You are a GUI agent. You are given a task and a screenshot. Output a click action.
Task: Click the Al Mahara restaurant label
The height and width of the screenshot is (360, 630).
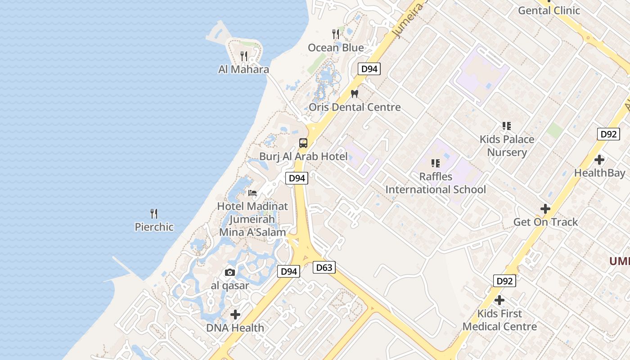pos(243,69)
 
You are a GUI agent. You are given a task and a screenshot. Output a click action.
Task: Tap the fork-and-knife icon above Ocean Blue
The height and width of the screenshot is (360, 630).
pos(336,34)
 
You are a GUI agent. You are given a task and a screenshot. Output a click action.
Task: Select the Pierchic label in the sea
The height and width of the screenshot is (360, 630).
pos(154,227)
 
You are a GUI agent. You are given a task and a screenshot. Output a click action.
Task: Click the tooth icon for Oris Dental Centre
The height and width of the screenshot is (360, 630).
pos(355,94)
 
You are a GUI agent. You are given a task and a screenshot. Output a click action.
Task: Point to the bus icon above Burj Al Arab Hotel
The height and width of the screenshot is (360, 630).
pos(303,143)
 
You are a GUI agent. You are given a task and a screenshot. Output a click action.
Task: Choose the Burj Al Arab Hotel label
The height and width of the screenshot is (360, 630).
pos(303,157)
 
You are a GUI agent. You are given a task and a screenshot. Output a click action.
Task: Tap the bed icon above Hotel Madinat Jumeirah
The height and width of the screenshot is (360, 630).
pos(252,193)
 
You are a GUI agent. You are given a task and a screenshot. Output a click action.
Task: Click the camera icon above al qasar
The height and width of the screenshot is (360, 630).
pos(230,272)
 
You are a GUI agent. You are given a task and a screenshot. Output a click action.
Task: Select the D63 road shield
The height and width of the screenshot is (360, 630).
pos(324,268)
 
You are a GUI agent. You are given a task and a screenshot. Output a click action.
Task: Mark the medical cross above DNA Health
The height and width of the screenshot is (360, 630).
pos(235,315)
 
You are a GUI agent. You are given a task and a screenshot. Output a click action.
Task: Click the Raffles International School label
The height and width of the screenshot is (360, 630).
pos(436,183)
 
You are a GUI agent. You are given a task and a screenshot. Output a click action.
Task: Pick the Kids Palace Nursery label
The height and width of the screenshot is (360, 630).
pos(507,146)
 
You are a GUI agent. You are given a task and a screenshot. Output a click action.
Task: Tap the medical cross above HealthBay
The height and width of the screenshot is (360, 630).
pos(599,160)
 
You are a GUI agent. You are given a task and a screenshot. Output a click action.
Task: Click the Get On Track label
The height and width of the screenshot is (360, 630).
pos(545,222)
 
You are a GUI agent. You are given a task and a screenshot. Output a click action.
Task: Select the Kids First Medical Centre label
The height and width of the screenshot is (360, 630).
pos(499,320)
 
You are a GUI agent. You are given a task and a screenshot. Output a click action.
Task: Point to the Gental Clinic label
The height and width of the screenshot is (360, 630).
pos(549,10)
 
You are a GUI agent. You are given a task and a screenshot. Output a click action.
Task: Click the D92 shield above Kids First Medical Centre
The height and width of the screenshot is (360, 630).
pos(504,281)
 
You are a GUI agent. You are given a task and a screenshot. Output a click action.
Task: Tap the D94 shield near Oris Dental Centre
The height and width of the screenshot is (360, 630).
pos(369,69)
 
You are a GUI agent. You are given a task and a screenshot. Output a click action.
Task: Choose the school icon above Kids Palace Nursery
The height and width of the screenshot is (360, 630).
pos(507,126)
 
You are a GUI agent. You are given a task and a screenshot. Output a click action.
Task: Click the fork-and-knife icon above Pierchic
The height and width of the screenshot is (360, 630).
pos(154,213)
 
